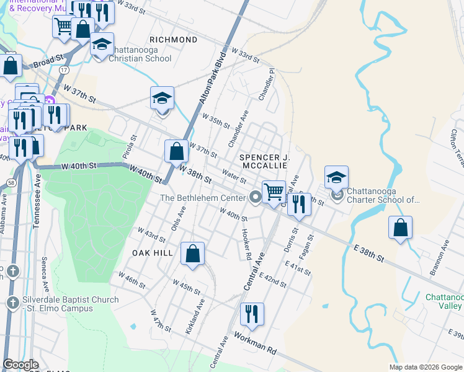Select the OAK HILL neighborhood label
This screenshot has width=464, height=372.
coord(153,253)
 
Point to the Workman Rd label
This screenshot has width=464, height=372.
coord(256,342)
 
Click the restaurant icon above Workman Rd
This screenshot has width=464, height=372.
coord(251,314)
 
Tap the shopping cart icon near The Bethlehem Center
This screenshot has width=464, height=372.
coord(274,192)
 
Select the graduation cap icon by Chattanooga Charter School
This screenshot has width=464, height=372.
coord(336,177)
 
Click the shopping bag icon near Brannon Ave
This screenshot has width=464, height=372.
coord(401,227)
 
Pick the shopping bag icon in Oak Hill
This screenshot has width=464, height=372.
coord(193,253)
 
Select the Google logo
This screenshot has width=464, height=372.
coord(21,365)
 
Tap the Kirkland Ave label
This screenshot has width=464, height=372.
coord(195,317)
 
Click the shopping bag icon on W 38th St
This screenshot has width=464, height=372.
coord(177,151)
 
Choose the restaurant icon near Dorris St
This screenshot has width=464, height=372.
coord(299,203)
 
